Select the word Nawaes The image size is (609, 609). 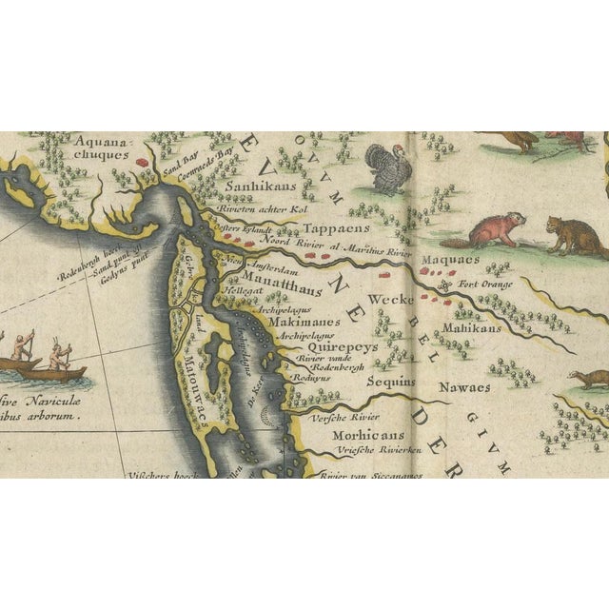pyautogui.click(x=464, y=387)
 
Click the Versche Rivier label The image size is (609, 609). pyautogui.click(x=347, y=416)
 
